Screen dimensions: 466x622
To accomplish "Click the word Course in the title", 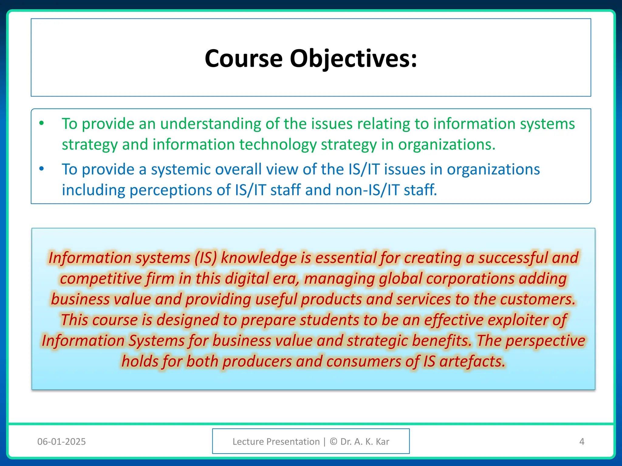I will click(244, 58).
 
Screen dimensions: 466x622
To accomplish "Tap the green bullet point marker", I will click(42, 123).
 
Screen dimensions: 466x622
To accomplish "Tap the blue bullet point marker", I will click(42, 169).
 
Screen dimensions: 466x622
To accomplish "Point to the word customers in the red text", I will click(538, 299).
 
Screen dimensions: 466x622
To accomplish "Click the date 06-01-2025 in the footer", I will click(61, 441).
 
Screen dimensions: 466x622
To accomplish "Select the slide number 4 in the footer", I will click(582, 441).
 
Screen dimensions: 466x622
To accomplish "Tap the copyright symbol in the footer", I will click(333, 441).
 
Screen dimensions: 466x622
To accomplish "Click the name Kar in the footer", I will click(382, 441).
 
